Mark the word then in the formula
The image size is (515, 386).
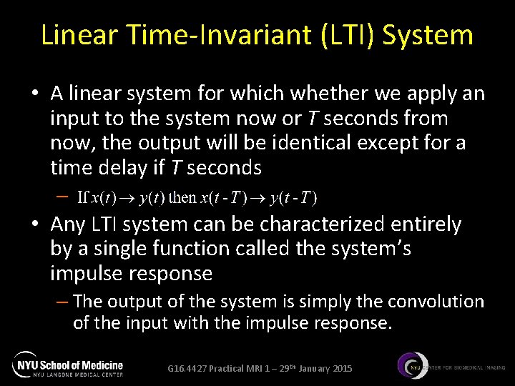[185, 197]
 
